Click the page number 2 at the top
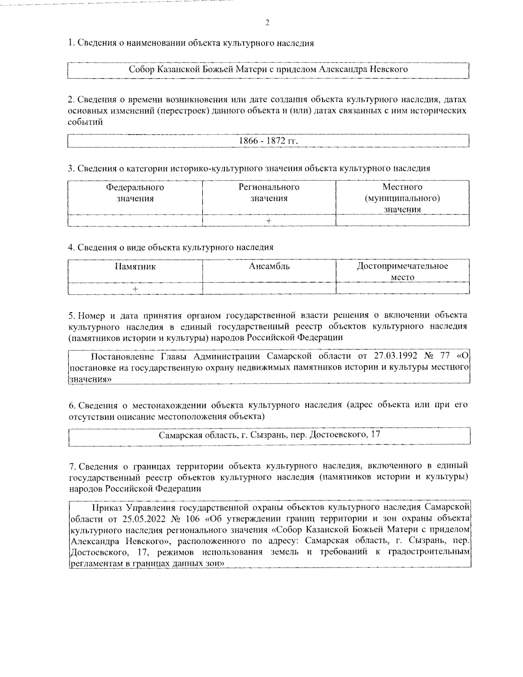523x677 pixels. (x=267, y=23)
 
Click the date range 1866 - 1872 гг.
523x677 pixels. (x=268, y=141)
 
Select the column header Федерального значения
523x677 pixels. (x=135, y=193)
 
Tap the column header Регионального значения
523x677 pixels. (x=269, y=193)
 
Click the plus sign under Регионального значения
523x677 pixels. (x=269, y=221)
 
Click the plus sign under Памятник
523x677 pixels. (x=136, y=289)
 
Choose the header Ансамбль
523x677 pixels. (x=269, y=266)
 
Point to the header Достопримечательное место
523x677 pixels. (x=402, y=272)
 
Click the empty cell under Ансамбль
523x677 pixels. (x=269, y=289)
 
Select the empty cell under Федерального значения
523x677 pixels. (x=135, y=221)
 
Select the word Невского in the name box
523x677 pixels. (x=389, y=69)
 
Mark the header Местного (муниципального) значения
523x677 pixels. (x=402, y=198)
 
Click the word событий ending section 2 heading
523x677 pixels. (x=85, y=122)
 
